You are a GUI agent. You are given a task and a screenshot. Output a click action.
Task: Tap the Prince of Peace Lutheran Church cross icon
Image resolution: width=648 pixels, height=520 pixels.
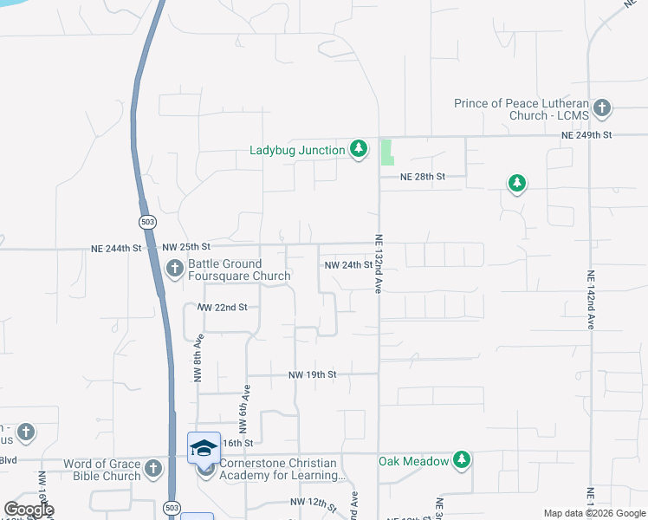(602, 109)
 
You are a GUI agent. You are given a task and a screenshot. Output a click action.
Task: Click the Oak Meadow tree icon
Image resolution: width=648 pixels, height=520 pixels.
(463, 460)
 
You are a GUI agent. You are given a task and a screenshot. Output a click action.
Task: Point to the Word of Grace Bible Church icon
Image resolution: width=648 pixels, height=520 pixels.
(153, 469)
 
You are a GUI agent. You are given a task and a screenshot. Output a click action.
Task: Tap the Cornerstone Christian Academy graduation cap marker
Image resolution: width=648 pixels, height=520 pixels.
(204, 447)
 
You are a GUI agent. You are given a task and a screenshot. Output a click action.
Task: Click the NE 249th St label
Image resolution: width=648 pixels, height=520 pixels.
(586, 135)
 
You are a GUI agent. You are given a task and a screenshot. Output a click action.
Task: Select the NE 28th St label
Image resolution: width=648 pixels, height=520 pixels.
(422, 176)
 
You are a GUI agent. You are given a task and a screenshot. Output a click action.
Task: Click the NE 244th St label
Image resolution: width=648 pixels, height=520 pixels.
(115, 248)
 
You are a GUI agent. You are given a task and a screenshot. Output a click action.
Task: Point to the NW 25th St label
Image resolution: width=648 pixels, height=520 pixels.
(187, 248)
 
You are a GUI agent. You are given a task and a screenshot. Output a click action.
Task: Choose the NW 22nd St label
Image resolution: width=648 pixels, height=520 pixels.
(223, 308)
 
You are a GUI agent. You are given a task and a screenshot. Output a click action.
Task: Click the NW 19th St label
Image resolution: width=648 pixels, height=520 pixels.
(312, 374)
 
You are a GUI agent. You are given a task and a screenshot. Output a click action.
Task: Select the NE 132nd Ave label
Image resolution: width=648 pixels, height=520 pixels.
(379, 264)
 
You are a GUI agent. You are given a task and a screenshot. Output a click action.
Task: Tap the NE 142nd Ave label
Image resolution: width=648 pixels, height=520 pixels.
(591, 299)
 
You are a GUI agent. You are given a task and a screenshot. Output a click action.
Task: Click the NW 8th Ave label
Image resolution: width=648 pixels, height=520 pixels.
(198, 358)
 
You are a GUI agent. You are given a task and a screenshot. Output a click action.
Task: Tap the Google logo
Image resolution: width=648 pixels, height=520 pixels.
(29, 510)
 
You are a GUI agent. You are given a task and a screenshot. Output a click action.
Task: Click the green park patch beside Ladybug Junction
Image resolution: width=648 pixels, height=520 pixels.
(386, 152)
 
